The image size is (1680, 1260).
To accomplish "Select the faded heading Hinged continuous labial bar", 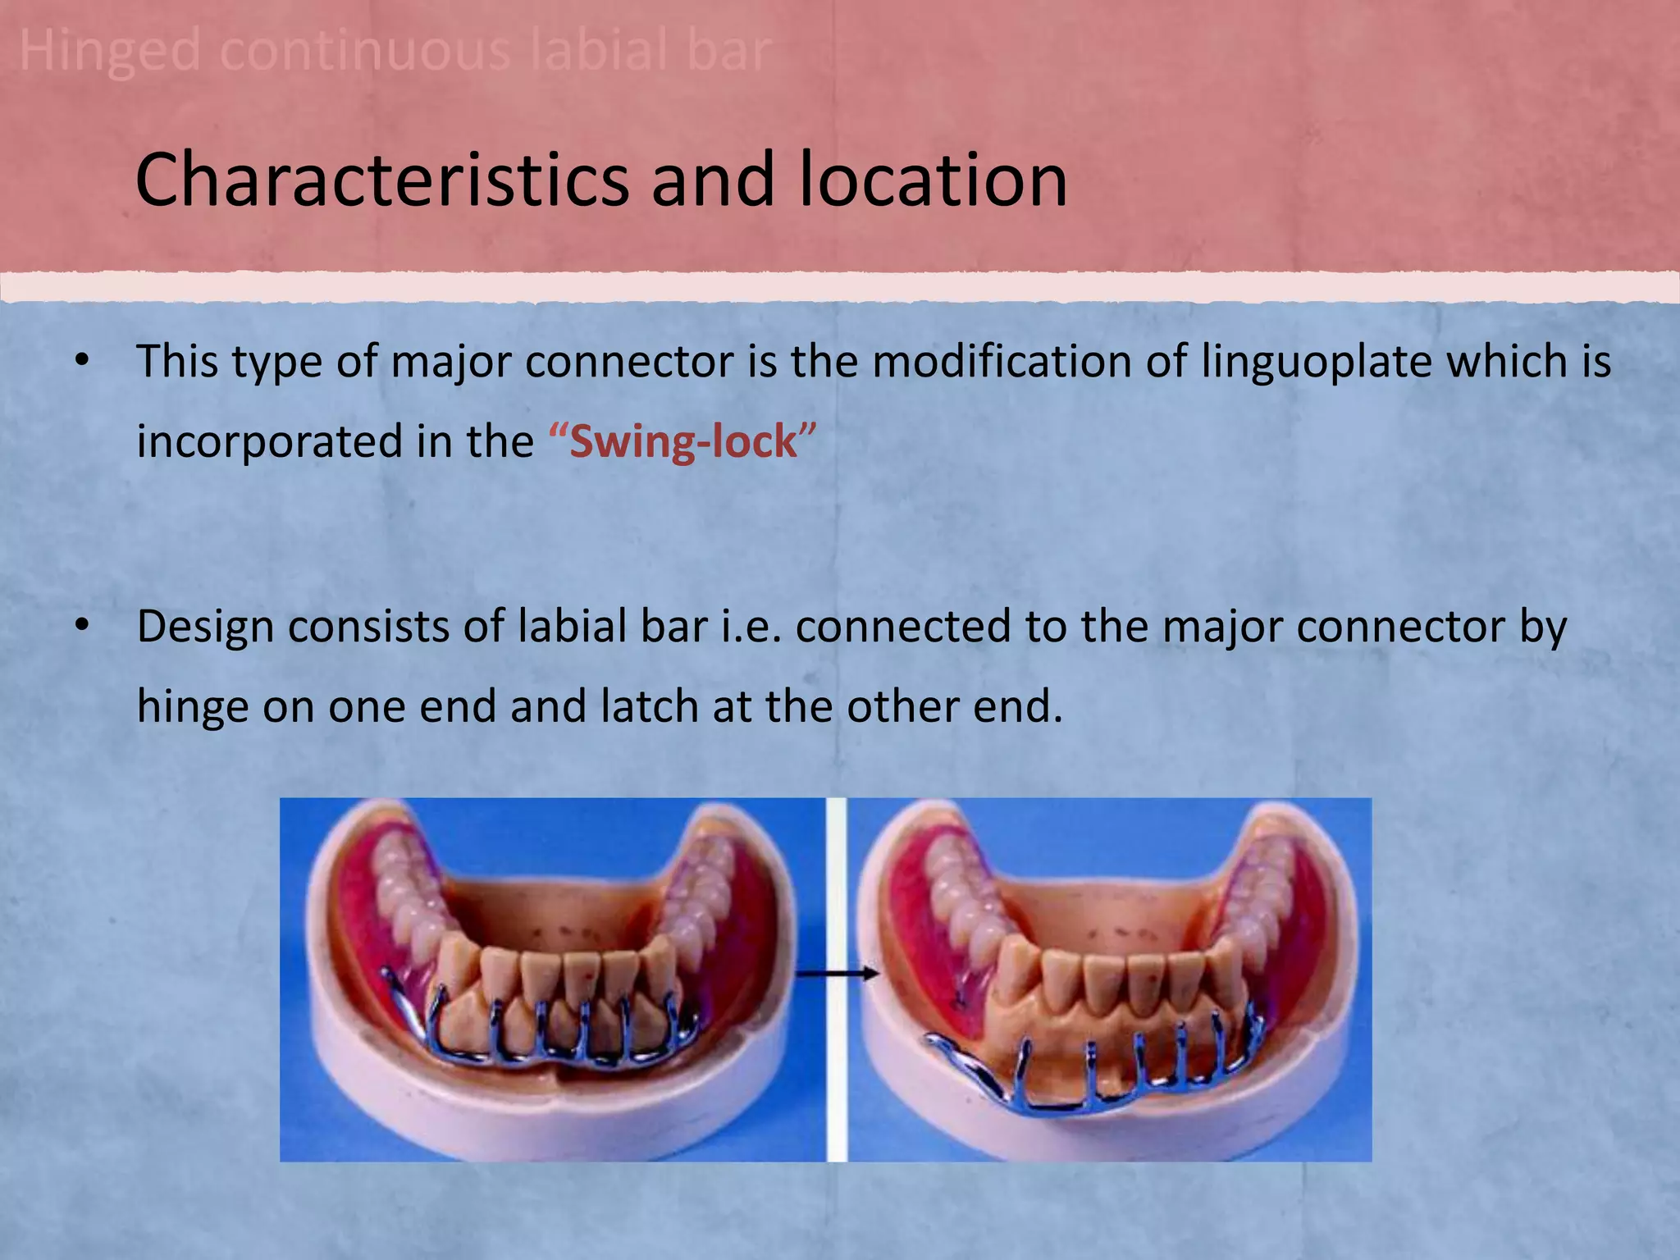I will click(395, 51).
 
